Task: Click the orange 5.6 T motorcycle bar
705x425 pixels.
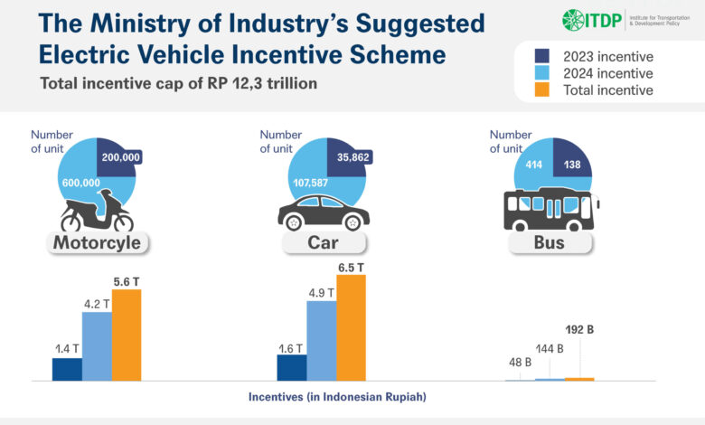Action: [127, 335]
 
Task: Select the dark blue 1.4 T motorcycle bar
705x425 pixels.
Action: [67, 370]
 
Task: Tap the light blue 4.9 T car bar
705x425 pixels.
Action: [322, 341]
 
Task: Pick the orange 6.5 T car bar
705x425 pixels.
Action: [352, 328]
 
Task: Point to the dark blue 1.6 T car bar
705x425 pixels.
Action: [292, 368]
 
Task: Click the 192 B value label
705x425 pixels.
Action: [579, 330]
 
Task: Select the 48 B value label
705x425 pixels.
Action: [521, 362]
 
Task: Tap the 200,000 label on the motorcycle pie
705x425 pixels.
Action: [121, 157]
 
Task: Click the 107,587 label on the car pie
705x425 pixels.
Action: [311, 183]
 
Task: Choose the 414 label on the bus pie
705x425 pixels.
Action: [533, 165]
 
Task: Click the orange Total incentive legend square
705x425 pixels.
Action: [542, 90]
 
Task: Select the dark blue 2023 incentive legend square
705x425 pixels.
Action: [542, 56]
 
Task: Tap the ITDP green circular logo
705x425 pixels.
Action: [573, 20]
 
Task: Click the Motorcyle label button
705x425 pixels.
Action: [97, 243]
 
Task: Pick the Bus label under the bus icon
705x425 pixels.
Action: [550, 243]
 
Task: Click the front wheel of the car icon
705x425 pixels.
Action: [352, 222]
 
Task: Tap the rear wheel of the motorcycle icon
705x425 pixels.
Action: [71, 222]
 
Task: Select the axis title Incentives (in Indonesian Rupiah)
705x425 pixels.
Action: [337, 397]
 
